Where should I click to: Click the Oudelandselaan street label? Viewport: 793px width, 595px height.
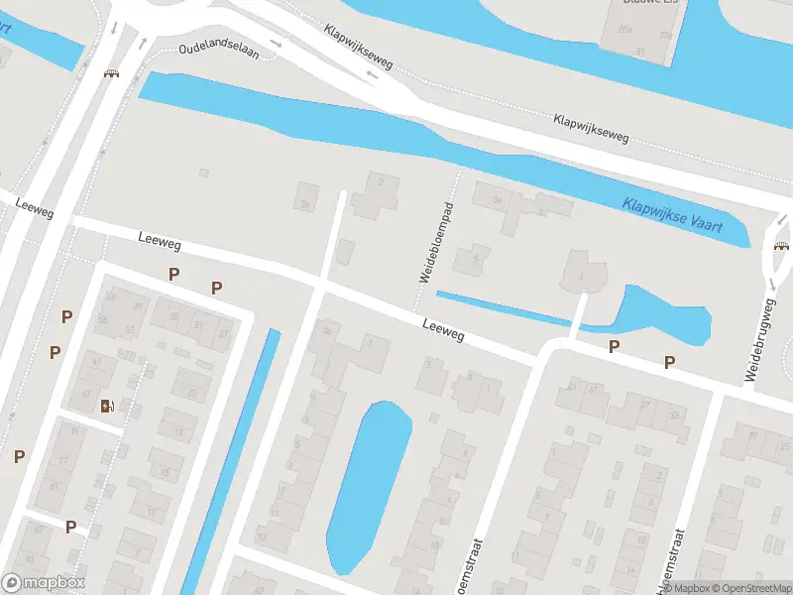pos(219,51)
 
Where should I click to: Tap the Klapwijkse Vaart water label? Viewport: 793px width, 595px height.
pos(672,219)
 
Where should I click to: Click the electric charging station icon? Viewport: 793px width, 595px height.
pos(107,405)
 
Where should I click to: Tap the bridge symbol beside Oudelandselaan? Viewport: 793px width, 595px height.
pos(112,73)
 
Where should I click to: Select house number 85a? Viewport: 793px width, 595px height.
pos(625,30)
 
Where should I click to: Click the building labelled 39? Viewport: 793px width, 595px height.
pos(138,306)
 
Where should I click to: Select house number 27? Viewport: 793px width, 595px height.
pos(224,334)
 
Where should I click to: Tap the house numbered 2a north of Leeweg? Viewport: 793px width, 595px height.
pos(305,204)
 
